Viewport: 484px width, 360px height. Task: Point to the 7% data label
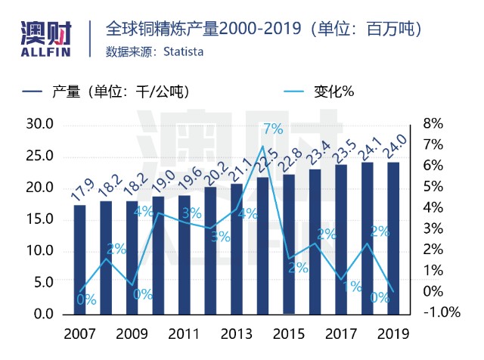[273, 129]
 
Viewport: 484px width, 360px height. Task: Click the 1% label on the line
[352, 287]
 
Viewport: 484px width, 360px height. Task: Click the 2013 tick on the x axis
[237, 334]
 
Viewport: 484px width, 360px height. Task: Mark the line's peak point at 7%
[262, 146]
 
